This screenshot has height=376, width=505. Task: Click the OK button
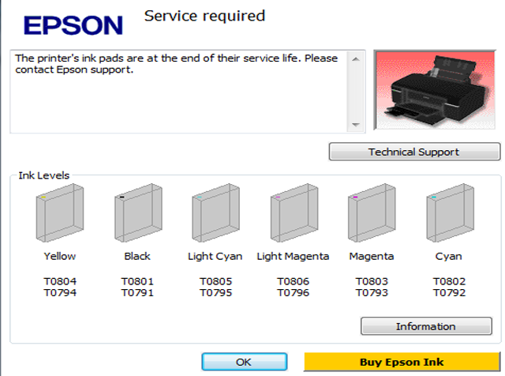245,362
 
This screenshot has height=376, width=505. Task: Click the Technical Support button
414,152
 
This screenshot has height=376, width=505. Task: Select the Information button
426,326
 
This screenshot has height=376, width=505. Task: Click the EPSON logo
73,25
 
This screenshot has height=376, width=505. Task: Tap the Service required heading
204,16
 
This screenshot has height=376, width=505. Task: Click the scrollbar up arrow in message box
356,59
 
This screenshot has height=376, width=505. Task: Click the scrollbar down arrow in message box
356,125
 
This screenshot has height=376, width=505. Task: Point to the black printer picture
435,90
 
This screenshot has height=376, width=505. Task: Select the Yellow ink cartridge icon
60,212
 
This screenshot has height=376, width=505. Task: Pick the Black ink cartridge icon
138,212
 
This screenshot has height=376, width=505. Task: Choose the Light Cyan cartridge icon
215,212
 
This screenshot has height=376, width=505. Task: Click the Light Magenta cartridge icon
294,212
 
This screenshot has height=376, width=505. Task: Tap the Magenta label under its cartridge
372,257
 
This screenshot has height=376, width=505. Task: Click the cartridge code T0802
449,281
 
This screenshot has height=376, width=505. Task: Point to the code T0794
60,293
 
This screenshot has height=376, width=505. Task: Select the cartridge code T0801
137,281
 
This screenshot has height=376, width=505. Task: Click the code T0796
293,293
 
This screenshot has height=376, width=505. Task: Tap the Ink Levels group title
44,175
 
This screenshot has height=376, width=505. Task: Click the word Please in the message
321,58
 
